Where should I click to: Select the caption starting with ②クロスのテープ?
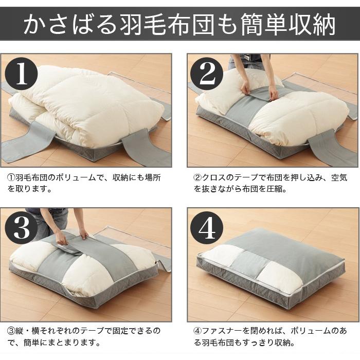[x=270, y=183]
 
